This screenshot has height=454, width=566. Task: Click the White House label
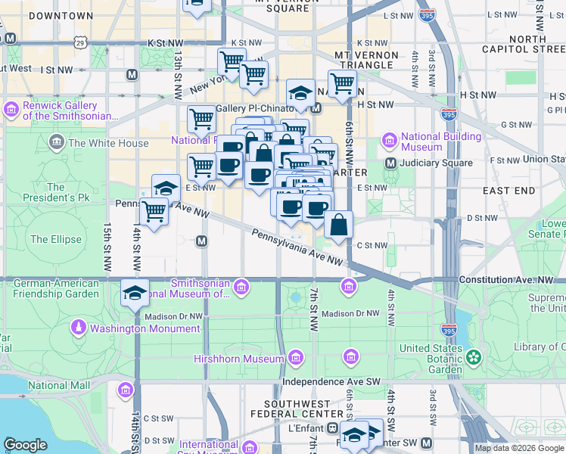tap(108, 143)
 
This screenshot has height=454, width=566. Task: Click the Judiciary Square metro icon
tap(390, 163)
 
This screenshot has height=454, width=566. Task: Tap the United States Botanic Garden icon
tap(474, 356)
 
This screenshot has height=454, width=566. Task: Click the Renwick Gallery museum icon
tap(11, 110)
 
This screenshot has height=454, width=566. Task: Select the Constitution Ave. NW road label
tap(511, 280)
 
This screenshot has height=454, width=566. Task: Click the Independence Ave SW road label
tap(333, 381)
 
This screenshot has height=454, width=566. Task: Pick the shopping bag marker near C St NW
tap(339, 225)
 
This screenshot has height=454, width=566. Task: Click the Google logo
tap(26, 445)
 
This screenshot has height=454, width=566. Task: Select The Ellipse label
tap(55, 239)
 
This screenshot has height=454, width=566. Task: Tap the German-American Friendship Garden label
tap(56, 288)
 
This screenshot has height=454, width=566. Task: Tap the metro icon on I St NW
tap(132, 75)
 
